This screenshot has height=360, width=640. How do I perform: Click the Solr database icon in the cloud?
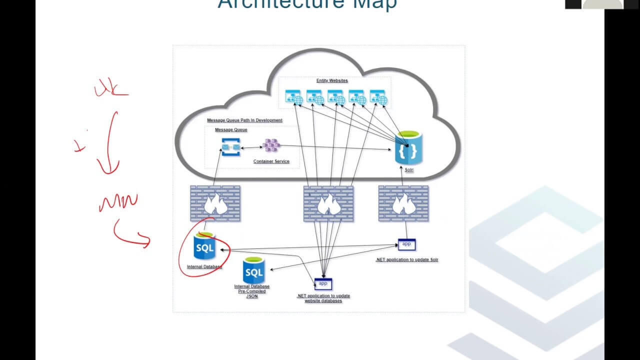pyautogui.click(x=408, y=148)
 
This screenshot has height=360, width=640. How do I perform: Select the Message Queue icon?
pyautogui.click(x=231, y=147)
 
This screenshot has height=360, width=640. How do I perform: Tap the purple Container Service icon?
pyautogui.click(x=271, y=145)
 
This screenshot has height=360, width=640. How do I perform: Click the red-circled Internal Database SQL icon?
pyautogui.click(x=204, y=246)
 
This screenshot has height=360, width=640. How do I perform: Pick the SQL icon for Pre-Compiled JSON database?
pyautogui.click(x=253, y=271)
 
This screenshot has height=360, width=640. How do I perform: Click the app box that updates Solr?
pyautogui.click(x=406, y=244)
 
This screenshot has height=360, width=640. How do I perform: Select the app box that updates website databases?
pyautogui.click(x=323, y=284)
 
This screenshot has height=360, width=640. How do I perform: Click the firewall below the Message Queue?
pyautogui.click(x=215, y=203)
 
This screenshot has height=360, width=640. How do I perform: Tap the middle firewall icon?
pyautogui.click(x=328, y=203)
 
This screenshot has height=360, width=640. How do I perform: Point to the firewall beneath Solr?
pyautogui.click(x=403, y=203)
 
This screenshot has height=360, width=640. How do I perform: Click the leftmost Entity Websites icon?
pyautogui.click(x=293, y=97)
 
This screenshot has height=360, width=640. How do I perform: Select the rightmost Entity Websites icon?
pyautogui.click(x=378, y=97)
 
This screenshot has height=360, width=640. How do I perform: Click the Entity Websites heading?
pyautogui.click(x=332, y=80)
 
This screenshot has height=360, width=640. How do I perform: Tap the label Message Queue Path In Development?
pyautogui.click(x=244, y=120)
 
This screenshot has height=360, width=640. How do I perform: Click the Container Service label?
pyautogui.click(x=271, y=161)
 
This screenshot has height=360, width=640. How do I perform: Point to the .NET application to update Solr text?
pyautogui.click(x=406, y=260)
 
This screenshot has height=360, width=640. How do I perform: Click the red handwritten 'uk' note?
pyautogui.click(x=110, y=90)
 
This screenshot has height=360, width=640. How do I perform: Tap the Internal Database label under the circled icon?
pyautogui.click(x=204, y=267)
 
